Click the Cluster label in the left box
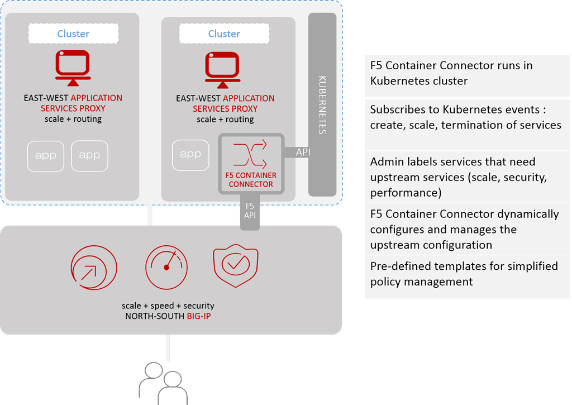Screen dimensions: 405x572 pyautogui.click(x=73, y=34)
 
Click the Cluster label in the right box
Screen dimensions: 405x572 pyautogui.click(x=224, y=34)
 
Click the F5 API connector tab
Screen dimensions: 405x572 pyautogui.click(x=250, y=211)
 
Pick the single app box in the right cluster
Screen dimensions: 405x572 pyautogui.click(x=190, y=155)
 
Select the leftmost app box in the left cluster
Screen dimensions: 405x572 pyautogui.click(x=46, y=156)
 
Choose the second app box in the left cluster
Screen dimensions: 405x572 pyautogui.click(x=89, y=156)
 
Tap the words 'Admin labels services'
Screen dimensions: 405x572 pyautogui.click(x=425, y=162)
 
